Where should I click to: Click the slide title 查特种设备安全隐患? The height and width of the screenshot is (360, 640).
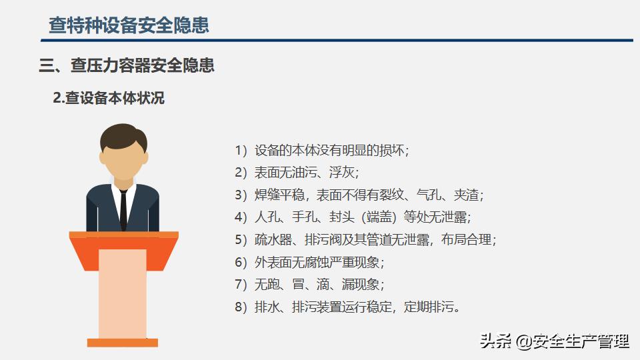click(x=129, y=25)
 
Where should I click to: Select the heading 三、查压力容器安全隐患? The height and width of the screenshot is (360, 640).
click(x=127, y=65)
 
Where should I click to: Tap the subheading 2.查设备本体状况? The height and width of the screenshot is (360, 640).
click(x=109, y=98)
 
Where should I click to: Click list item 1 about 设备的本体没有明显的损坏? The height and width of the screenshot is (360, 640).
click(x=321, y=150)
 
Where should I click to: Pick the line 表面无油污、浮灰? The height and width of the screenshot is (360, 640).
click(x=297, y=172)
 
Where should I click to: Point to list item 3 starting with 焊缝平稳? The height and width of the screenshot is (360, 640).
click(x=359, y=195)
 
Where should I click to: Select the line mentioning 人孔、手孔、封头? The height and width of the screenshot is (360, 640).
click(x=353, y=217)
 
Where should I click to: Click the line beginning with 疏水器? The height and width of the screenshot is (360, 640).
click(x=365, y=239)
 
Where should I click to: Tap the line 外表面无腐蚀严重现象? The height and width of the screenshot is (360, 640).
click(x=309, y=262)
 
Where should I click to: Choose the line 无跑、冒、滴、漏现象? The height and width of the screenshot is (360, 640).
click(x=309, y=284)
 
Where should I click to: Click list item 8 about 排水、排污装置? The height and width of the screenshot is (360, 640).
click(x=347, y=307)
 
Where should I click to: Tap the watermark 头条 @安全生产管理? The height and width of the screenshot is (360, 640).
click(x=554, y=341)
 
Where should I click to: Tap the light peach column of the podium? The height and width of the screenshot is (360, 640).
click(x=123, y=294)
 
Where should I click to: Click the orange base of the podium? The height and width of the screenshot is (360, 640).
click(x=123, y=343)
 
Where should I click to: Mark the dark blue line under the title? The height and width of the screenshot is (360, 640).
click(x=337, y=41)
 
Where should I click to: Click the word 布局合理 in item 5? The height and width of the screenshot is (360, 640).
click(x=466, y=239)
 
